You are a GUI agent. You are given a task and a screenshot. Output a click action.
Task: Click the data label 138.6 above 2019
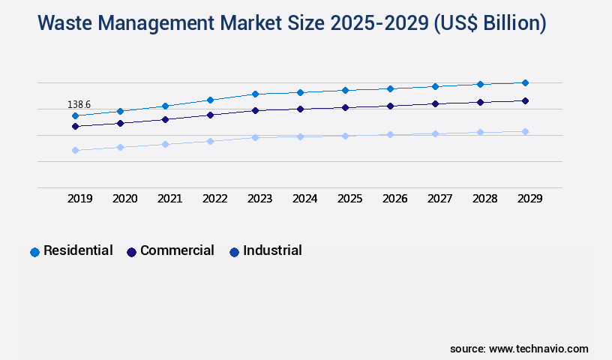(79, 104)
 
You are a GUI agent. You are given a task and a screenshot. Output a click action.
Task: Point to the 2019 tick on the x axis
(80, 199)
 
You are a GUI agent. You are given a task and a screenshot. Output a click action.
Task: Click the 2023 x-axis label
(260, 199)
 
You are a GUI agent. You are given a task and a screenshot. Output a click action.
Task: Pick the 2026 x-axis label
(395, 199)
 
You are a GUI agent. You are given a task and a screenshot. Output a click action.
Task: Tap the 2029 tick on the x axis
(530, 199)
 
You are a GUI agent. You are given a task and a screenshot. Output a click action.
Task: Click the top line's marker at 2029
(525, 82)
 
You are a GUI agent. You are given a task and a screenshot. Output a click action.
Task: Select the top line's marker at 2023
(255, 94)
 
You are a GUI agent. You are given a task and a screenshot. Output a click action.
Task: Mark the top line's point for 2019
(75, 115)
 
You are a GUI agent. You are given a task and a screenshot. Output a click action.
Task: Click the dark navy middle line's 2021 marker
(165, 119)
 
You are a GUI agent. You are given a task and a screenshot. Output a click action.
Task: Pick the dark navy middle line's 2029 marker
(525, 100)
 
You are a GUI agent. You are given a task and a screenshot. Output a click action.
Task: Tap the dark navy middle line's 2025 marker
(345, 107)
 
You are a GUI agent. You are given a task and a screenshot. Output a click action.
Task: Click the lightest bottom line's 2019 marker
(75, 150)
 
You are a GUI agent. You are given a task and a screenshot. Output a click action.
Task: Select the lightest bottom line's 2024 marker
(300, 136)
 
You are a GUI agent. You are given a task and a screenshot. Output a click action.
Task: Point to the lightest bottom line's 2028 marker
(480, 132)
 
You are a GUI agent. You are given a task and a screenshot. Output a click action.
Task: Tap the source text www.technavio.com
(538, 349)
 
